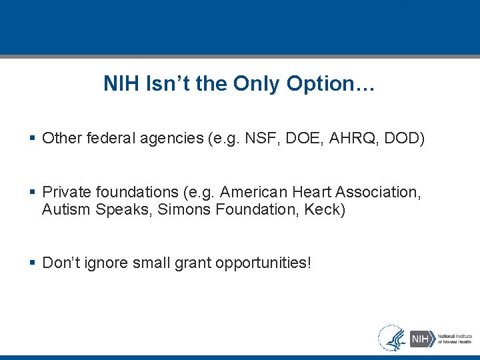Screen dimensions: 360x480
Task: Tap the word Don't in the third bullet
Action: point(61,263)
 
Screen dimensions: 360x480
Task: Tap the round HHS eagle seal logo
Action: point(392,338)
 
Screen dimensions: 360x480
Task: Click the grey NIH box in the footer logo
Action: point(421,339)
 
